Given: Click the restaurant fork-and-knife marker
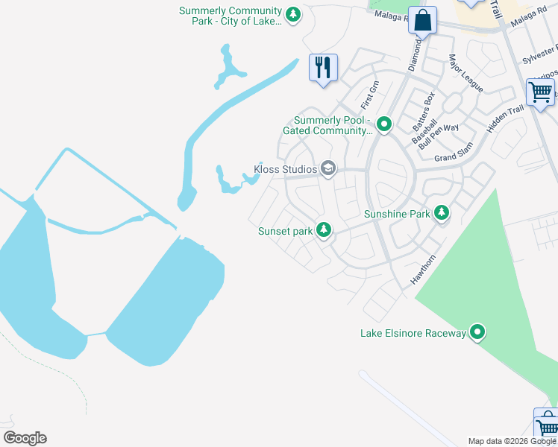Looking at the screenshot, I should point(323,68).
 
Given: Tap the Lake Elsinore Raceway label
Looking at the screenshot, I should point(413,332).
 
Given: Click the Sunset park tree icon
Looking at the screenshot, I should point(324,230).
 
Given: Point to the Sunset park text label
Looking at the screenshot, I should point(285,231).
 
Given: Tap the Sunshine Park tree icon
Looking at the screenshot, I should point(442,214).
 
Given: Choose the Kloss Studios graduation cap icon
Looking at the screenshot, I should point(327,169).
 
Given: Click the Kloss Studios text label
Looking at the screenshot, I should point(286,169).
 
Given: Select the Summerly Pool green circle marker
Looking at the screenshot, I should point(384,123).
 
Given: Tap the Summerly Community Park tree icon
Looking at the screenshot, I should point(294,13).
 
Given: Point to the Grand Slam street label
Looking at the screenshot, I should point(455,157).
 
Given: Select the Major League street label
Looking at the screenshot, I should point(465,73).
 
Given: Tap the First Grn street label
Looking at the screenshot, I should point(370,93).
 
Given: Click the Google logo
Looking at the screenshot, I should point(25,437).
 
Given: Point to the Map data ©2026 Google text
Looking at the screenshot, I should point(512,441).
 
